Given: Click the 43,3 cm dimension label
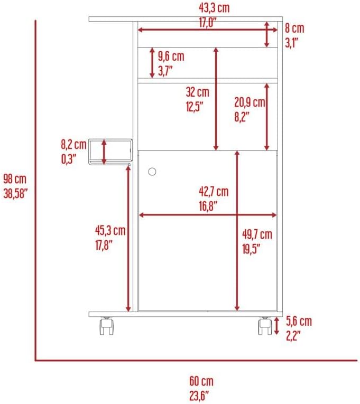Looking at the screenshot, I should [x=207, y=7].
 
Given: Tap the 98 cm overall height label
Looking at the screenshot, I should [x=14, y=179].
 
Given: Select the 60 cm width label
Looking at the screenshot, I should [x=201, y=381].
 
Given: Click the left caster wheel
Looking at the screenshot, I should [x=106, y=326].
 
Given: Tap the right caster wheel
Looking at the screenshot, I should [x=264, y=326].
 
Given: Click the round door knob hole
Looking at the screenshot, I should [x=153, y=172].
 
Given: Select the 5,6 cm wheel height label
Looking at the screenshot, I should [x=299, y=321].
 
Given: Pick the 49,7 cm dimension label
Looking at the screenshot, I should [x=257, y=234].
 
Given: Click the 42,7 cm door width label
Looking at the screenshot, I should [x=214, y=191].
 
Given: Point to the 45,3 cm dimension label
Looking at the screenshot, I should [x=110, y=230].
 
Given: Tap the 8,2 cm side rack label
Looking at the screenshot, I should [x=73, y=144].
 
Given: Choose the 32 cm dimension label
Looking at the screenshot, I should [x=197, y=92].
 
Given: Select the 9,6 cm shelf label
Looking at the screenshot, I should [x=171, y=55].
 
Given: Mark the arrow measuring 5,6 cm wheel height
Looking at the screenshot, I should [x=277, y=326].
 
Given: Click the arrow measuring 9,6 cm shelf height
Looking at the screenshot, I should [x=153, y=63].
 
